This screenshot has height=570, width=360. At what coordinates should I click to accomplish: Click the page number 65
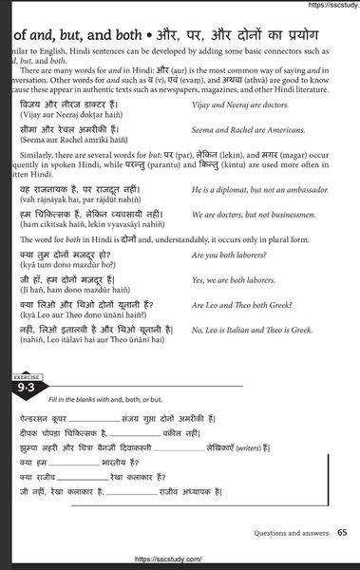click(341, 533)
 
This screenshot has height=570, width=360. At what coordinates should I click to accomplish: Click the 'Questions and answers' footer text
click(290, 533)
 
